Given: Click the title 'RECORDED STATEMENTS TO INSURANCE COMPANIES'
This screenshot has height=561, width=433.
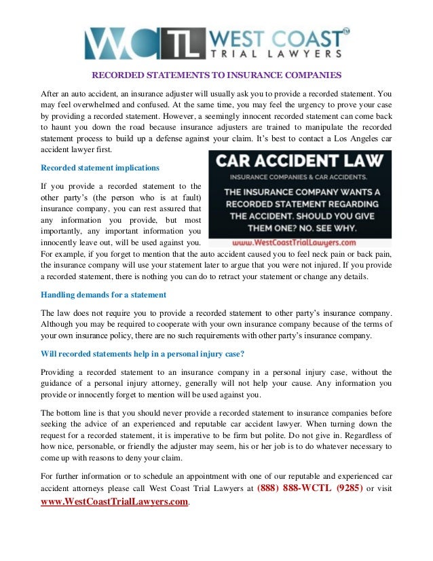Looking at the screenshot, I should point(216,75).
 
